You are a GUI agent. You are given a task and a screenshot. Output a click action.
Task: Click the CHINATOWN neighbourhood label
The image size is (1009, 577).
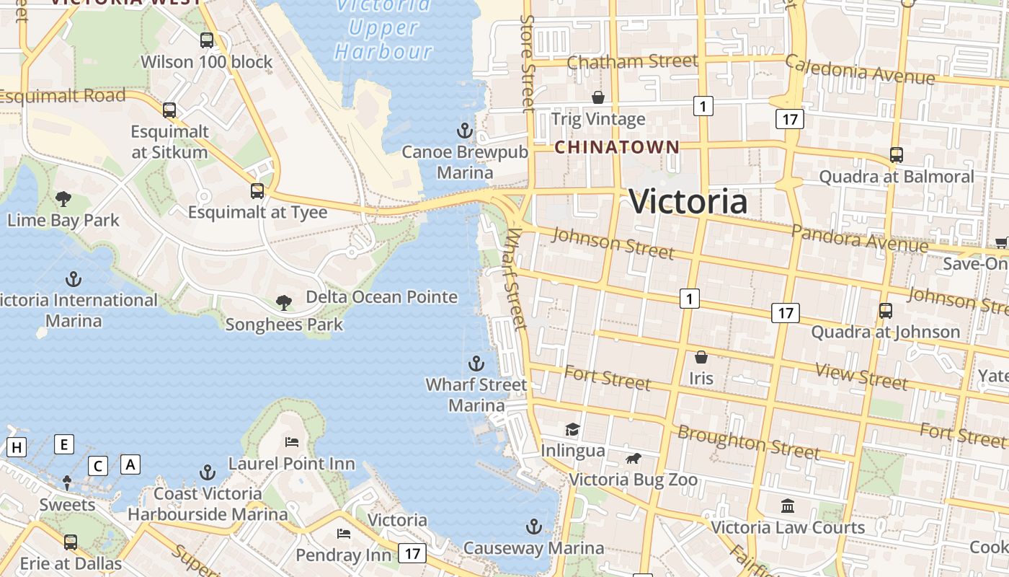click(x=616, y=147)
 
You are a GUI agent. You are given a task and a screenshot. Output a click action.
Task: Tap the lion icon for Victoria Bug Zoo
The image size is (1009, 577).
click(x=634, y=459)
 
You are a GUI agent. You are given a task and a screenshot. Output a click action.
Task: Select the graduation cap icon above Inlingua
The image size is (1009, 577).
click(x=573, y=430)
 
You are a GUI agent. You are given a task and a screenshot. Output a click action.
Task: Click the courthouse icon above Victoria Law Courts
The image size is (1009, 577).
click(x=788, y=506)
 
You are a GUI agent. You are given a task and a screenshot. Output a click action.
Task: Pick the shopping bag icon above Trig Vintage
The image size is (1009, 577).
click(x=598, y=97)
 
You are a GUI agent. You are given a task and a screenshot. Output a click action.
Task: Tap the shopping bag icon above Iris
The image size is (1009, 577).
click(x=701, y=357)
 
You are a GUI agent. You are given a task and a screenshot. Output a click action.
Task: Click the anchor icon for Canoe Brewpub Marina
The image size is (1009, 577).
click(x=465, y=131)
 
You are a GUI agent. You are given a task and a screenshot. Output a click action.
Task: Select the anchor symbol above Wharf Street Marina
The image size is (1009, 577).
click(x=476, y=363)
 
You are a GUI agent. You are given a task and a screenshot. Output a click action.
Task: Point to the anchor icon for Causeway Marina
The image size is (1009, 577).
click(x=533, y=527)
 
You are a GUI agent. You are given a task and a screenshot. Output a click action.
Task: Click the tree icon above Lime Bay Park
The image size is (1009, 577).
click(x=63, y=198)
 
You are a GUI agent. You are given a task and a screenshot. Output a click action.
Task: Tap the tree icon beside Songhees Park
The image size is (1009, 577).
click(x=284, y=303)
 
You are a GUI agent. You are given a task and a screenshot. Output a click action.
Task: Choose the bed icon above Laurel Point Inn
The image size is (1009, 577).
click(x=292, y=441)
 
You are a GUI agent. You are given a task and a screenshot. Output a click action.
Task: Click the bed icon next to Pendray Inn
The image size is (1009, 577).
click(x=344, y=534)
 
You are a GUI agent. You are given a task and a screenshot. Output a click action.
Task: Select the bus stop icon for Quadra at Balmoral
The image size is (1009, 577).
click(x=897, y=155)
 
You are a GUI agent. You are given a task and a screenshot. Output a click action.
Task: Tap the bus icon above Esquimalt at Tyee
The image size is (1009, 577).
click(x=257, y=191)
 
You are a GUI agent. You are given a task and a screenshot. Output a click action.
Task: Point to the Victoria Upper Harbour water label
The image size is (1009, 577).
click(x=383, y=29)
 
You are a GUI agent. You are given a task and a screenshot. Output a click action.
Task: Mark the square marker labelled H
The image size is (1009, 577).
click(x=17, y=448)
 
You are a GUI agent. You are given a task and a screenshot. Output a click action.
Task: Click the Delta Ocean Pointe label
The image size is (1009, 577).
click(x=381, y=297)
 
